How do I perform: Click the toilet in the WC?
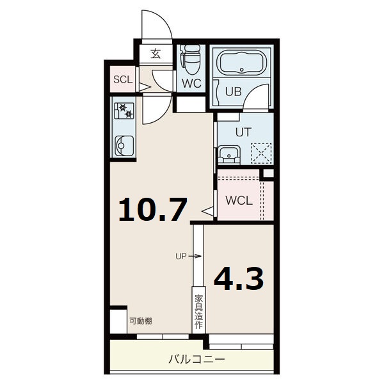pos(191,60)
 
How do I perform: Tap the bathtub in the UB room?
pos(242,63)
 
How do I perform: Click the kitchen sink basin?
pos(124,145)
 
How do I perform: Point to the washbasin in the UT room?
pos(229,154)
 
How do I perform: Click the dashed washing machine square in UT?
pos(261,154)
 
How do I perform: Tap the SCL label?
pos(123,79)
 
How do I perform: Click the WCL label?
pos(239,201)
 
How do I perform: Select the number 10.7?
pos(152,210)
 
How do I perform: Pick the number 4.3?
pos(239,279)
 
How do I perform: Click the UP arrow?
pos(196,257)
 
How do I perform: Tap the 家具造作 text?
pos(198,312)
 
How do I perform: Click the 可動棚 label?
pos(141,321)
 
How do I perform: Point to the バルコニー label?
pos(197,360)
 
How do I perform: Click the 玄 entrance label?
pos(156,54)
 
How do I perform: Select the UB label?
pos(234,92)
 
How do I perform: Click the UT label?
pos(243,132)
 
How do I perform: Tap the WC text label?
pos(191,83)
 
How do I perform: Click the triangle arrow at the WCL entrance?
pos(207,211)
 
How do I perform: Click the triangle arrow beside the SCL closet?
pos(145,87)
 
